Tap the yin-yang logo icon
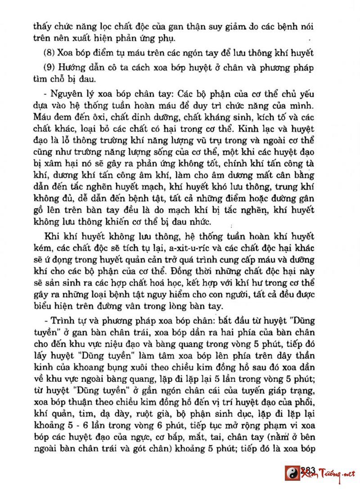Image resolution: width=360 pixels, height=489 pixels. (x=292, y=473)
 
